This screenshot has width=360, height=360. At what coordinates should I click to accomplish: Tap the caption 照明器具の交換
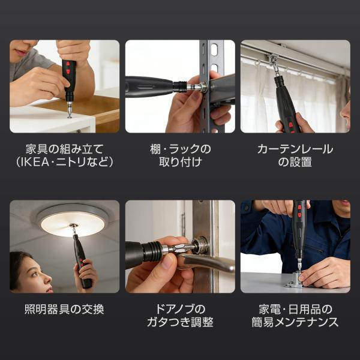[65, 309]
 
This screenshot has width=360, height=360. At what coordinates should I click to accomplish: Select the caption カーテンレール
[295, 149]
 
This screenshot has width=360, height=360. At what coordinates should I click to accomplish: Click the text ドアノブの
[180, 309]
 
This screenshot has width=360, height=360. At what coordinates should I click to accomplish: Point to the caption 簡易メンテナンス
[295, 322]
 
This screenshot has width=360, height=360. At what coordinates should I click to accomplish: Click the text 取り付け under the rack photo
[180, 162]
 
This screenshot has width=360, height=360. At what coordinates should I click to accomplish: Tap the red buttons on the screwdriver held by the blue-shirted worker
[299, 211]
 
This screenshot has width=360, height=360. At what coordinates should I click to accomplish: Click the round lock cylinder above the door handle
[200, 245]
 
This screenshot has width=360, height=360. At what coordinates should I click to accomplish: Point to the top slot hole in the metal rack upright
[214, 49]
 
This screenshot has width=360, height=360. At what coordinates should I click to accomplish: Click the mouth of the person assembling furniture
[21, 53]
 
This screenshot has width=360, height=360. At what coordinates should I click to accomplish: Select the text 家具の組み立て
[65, 149]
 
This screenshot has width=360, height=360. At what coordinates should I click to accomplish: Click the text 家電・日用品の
[295, 309]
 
